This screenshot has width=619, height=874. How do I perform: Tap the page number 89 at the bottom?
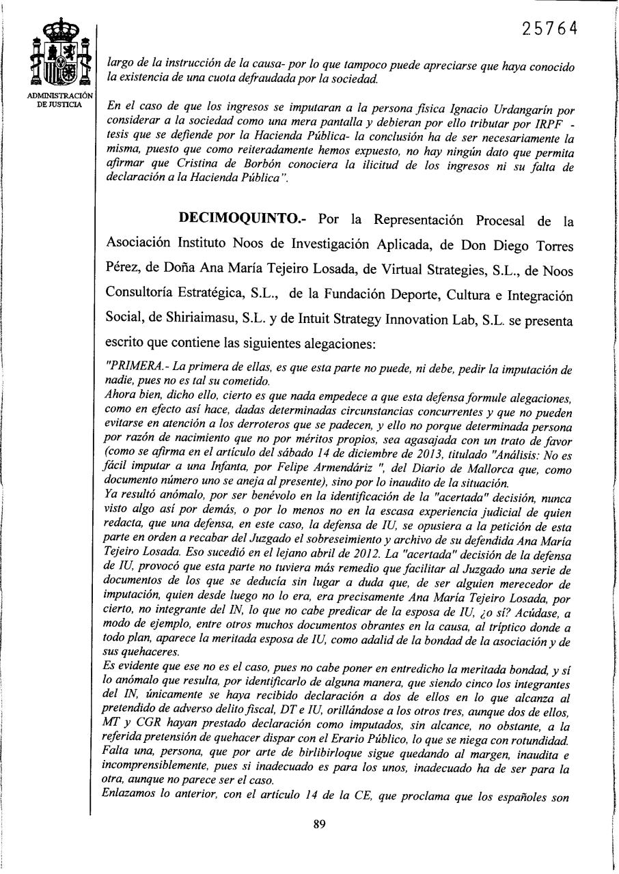click(x=319, y=824)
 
